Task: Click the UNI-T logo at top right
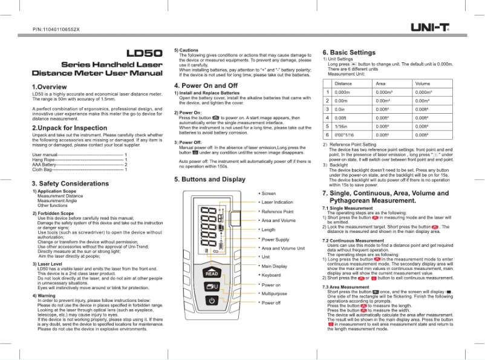pos(429,27)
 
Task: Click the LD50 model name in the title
pos(144,53)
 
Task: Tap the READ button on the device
pos(212,273)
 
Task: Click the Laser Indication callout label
pos(277,202)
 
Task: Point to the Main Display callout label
pos(274,266)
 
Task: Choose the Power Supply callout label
pos(275,240)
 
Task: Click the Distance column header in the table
pos(343,83)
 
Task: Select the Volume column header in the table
pos(422,83)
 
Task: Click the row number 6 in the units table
pos(327,135)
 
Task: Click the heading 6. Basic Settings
pos(349,53)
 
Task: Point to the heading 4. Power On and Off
pos(206,86)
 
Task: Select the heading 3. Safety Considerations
pos(70,183)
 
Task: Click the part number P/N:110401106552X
pos(56,29)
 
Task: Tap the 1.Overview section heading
pos(49,87)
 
